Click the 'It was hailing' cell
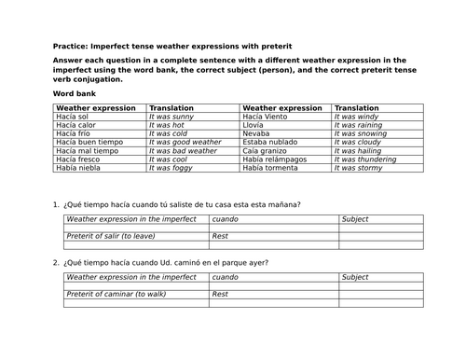(x=359, y=150)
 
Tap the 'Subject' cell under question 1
(x=355, y=219)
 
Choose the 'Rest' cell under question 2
(x=221, y=294)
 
